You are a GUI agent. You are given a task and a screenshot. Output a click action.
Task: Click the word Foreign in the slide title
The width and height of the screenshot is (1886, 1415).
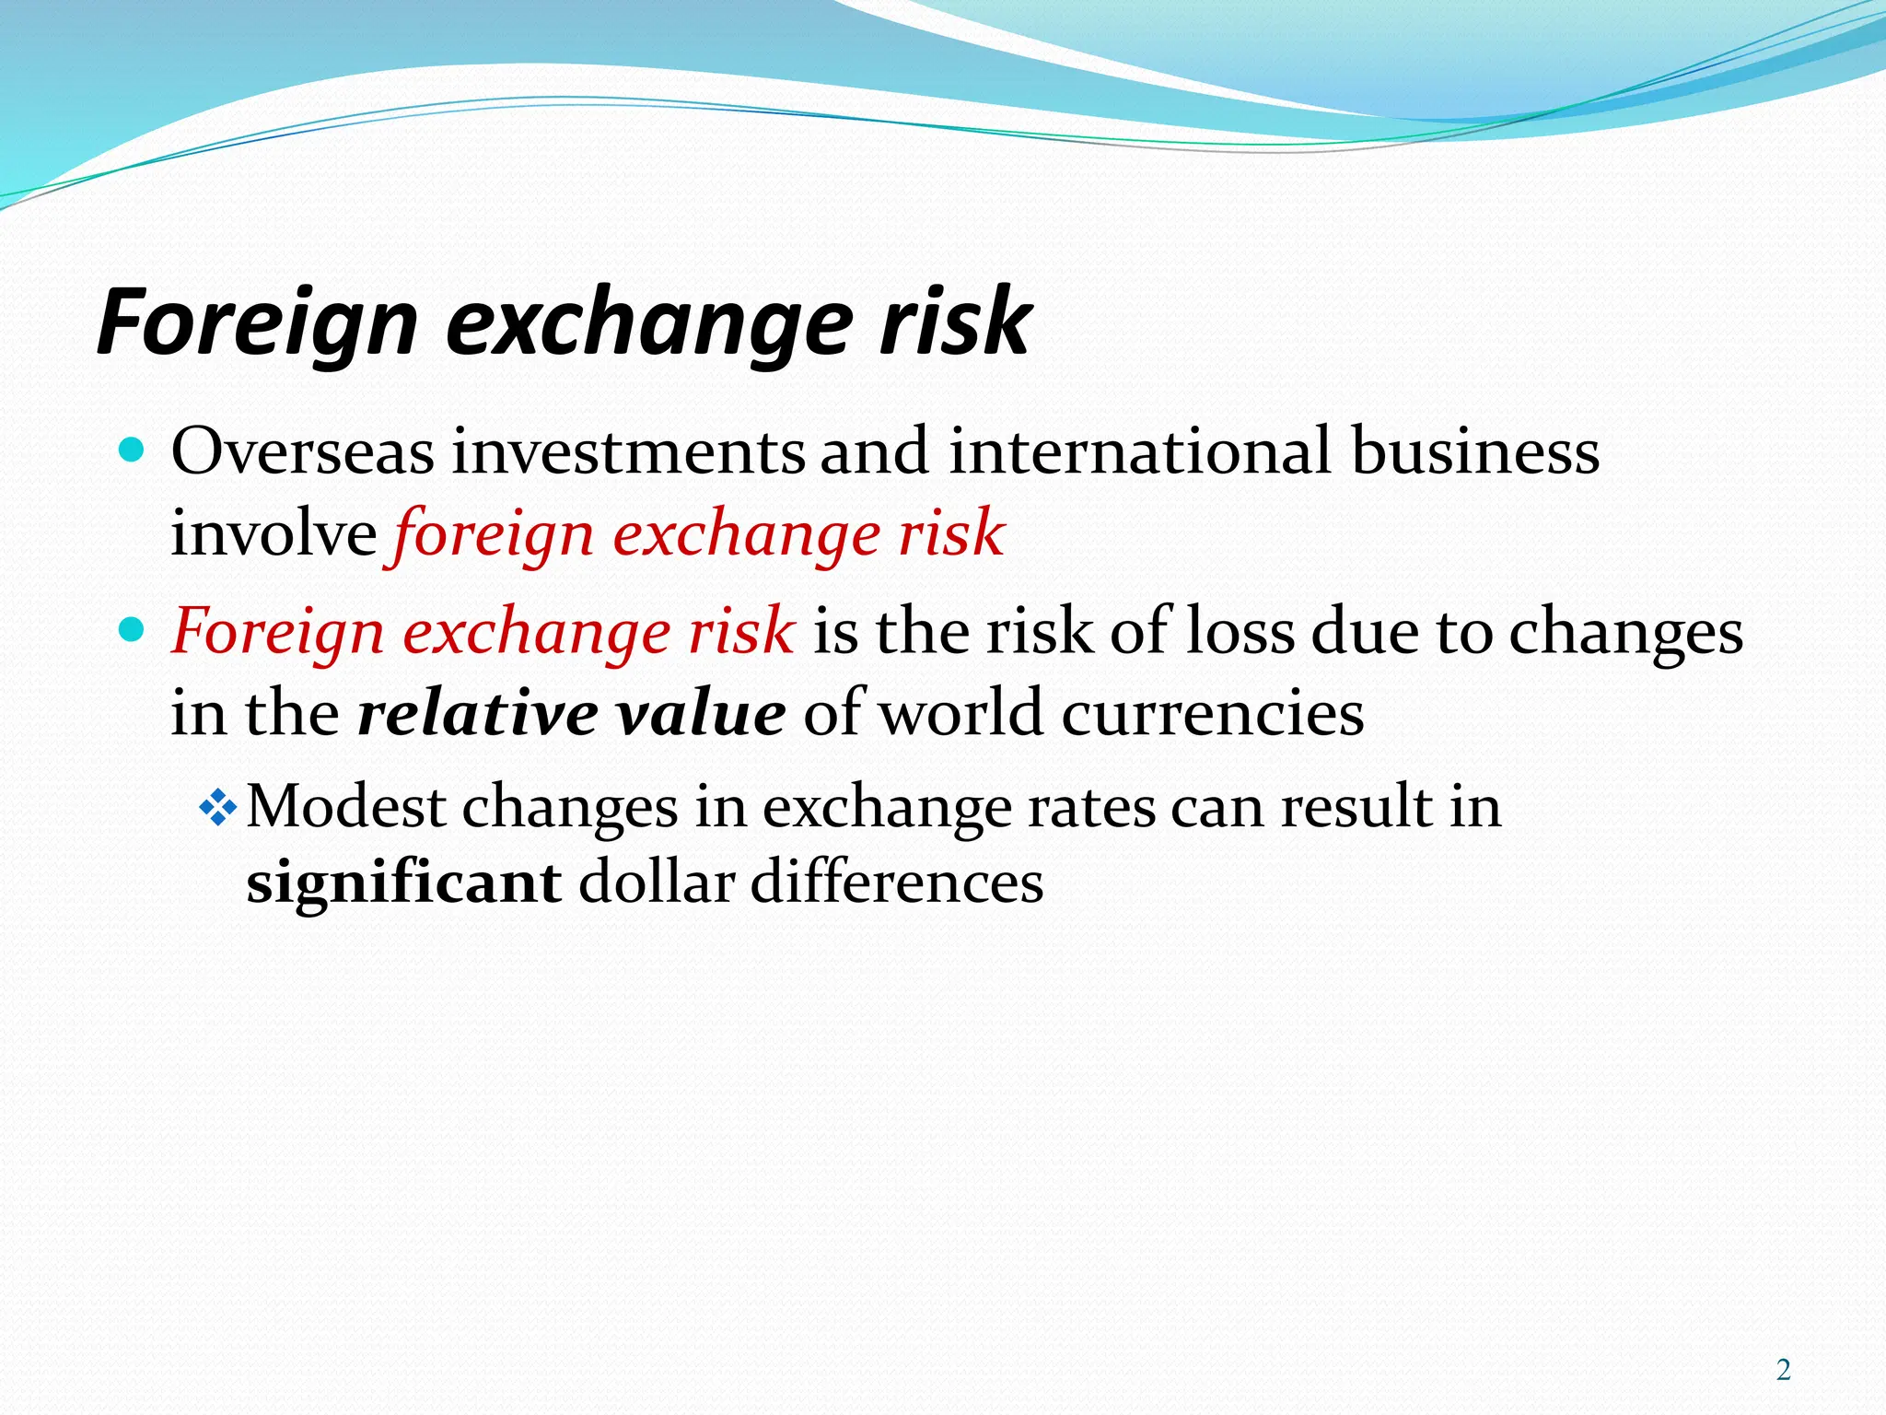(259, 322)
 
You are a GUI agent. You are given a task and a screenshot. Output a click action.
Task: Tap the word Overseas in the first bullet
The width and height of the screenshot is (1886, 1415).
(302, 451)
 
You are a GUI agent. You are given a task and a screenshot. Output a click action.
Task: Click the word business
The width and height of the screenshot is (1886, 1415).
(1475, 451)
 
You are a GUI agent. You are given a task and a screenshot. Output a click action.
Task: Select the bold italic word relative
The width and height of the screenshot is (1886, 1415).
(477, 714)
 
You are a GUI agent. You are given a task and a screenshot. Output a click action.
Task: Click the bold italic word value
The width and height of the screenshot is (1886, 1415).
(701, 714)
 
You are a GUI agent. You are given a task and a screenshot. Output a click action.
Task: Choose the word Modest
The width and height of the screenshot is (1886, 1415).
(346, 807)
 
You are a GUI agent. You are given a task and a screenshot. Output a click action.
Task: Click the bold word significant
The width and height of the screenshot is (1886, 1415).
(403, 883)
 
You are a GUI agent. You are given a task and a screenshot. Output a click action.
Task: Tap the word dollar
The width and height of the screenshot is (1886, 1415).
(656, 883)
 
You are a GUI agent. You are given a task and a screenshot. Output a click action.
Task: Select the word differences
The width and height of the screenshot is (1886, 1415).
(897, 883)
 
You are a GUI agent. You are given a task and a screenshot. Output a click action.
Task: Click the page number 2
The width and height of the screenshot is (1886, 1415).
(1784, 1370)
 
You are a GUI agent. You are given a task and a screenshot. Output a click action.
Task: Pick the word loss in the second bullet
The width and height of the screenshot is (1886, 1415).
(1240, 632)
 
